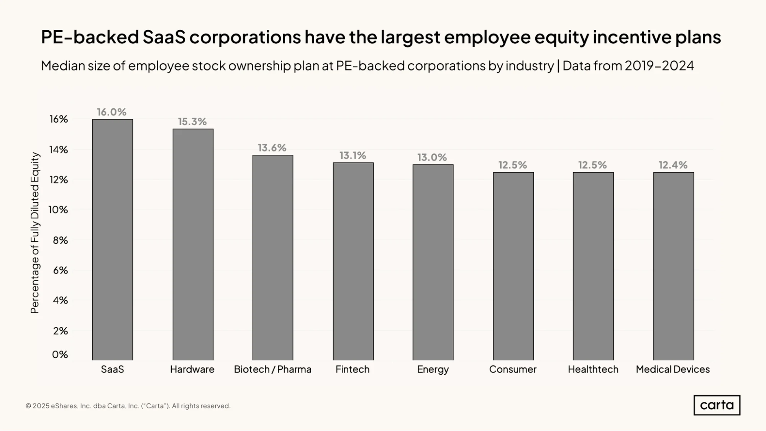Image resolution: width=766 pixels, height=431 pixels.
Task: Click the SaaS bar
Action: [x=113, y=239]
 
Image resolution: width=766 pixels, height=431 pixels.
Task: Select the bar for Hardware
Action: [x=193, y=244]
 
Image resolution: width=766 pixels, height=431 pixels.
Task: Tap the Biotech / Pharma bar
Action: [x=273, y=257]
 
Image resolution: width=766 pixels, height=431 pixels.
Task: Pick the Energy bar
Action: [x=433, y=262]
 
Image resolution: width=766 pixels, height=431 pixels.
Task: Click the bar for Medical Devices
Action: [x=674, y=266]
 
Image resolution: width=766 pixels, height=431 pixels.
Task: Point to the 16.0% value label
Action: [x=112, y=112]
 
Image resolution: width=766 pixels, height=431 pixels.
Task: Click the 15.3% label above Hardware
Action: [x=192, y=121]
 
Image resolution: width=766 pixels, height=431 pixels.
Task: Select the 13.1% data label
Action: [x=353, y=155]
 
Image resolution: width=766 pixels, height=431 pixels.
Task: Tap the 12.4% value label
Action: [x=673, y=165]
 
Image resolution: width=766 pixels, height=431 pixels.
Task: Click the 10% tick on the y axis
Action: [x=58, y=210]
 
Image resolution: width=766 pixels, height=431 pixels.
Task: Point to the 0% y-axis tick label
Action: [x=60, y=354]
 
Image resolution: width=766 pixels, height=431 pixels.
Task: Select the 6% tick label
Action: [x=60, y=270]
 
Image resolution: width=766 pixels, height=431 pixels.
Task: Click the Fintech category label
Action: [x=353, y=369]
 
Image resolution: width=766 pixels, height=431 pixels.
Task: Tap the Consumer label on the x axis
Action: [x=513, y=369]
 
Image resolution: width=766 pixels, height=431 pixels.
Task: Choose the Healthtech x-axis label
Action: [x=593, y=369]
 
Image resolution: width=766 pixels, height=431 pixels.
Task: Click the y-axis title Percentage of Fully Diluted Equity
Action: [x=35, y=233]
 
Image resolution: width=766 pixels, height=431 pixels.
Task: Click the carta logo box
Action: [x=717, y=405]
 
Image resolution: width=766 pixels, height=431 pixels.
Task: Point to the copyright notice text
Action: [x=128, y=406]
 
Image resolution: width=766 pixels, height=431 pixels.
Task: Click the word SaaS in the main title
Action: [x=164, y=37]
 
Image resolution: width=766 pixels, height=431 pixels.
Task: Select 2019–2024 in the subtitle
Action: [x=659, y=66]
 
